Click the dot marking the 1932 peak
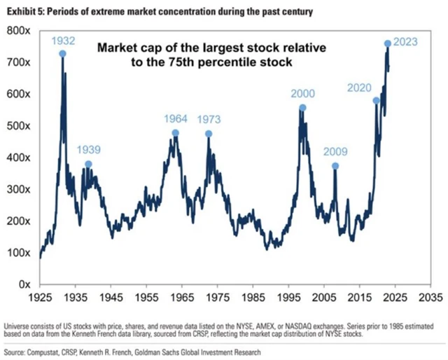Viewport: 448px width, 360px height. [63, 53]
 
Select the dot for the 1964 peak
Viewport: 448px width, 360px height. [176, 133]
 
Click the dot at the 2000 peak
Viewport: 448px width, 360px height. [302, 108]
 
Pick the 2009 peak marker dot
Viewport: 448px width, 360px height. [335, 166]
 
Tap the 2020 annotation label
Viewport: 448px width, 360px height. [360, 88]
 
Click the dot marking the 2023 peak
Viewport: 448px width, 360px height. [388, 43]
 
